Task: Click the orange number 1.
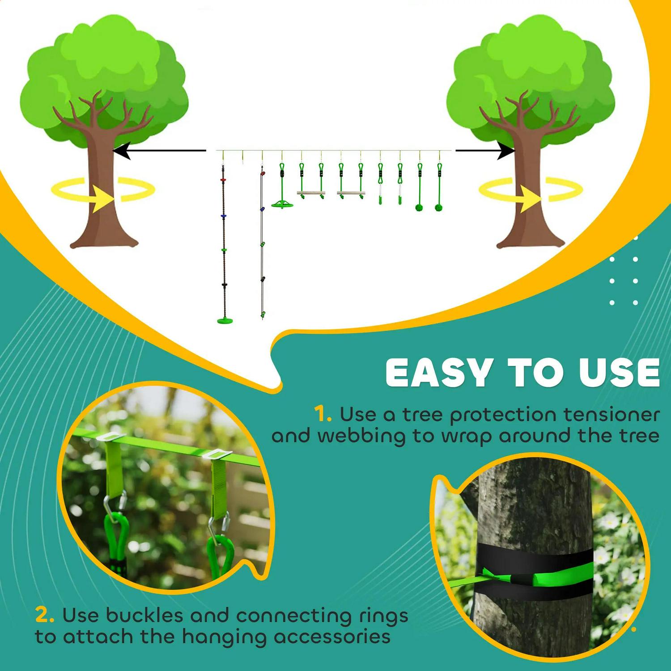pos(323,415)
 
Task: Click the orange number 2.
pos(45,616)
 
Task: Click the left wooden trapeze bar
pos(311,193)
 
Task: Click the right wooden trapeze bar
pos(351,193)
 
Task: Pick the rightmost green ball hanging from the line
pos(439,207)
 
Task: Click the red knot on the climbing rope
pos(223,179)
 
